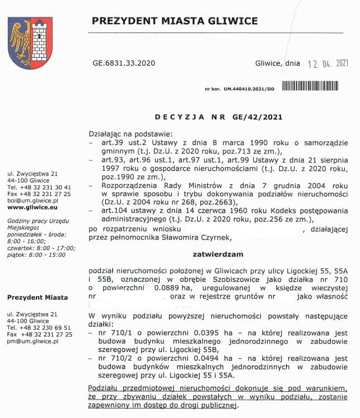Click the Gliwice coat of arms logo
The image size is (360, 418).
tap(30, 43)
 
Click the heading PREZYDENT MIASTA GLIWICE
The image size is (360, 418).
tap(175, 21)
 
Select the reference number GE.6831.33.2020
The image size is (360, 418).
tap(123, 63)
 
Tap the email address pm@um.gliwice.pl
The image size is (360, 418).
tap(33, 341)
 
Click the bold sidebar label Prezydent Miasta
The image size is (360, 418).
tap(38, 298)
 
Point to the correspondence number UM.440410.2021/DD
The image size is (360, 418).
tap(249, 89)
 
